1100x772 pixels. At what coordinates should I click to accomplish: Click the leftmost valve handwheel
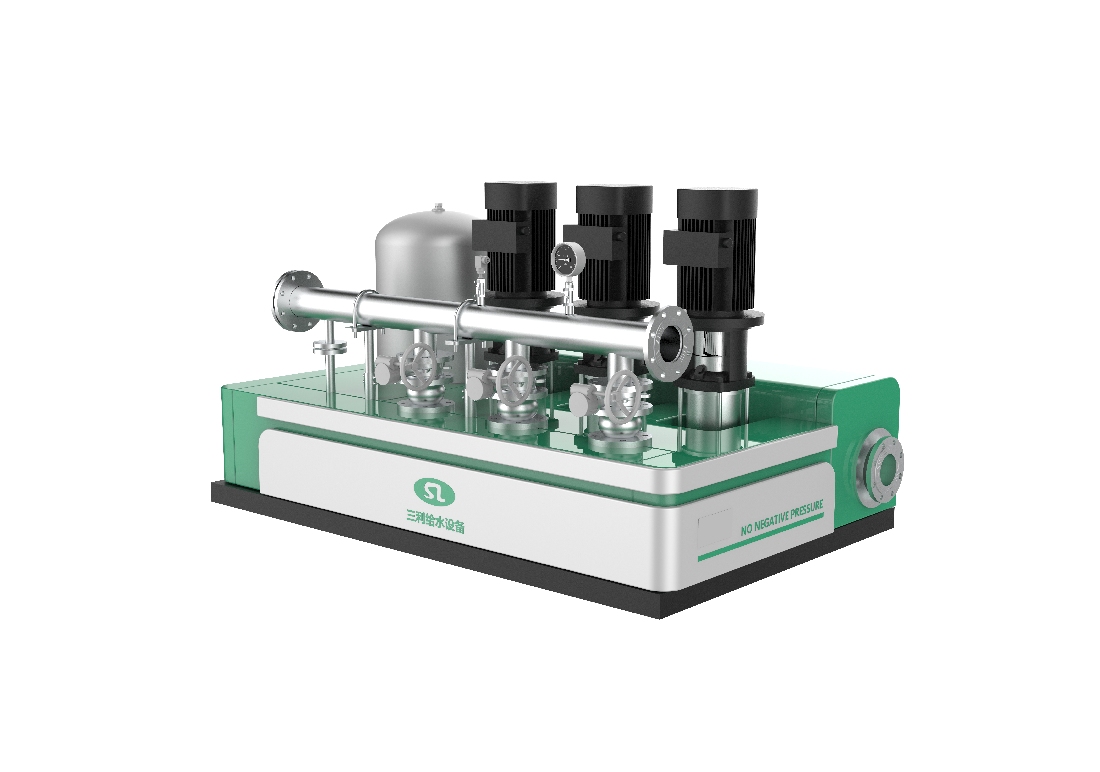pyautogui.click(x=418, y=366)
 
